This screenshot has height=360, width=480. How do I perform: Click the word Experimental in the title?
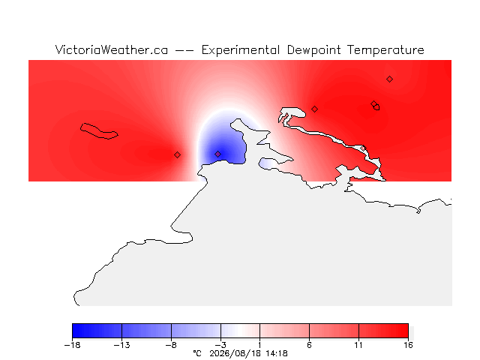241,50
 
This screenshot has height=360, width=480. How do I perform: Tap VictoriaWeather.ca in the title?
112,49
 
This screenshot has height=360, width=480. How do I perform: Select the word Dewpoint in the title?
313,50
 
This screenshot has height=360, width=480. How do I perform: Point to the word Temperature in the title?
385,50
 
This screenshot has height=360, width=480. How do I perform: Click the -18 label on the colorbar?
72,345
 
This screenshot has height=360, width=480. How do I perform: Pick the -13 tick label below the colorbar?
121,345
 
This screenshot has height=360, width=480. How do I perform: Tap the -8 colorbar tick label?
171,345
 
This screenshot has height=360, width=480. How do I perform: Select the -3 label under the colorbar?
220,345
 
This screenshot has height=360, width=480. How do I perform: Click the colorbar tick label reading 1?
260,345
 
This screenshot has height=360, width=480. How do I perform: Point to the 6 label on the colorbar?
309,345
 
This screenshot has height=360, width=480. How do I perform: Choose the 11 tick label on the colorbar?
358,345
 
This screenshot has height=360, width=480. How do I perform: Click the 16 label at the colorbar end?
408,345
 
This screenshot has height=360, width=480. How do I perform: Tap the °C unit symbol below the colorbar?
197,353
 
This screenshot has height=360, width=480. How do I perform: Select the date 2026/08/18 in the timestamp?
235,353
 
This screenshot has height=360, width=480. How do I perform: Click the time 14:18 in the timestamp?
277,353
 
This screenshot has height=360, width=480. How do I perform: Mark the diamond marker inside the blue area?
217,154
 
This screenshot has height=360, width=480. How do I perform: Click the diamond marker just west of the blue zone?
177,155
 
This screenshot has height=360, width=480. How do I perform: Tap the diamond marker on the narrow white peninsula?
363,148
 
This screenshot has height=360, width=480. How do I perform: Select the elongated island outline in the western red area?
99,131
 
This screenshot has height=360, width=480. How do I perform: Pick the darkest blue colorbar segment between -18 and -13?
97,331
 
